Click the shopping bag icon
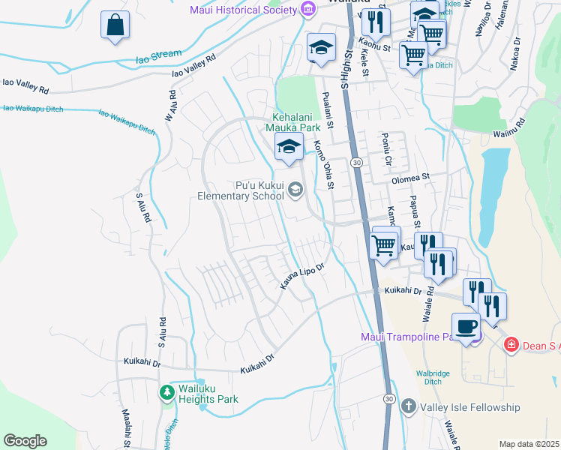pyautogui.click(x=115, y=25)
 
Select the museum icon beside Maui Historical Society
pyautogui.click(x=307, y=9)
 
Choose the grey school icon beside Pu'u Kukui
pyautogui.click(x=295, y=190)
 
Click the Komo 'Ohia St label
pyautogui.click(x=324, y=161)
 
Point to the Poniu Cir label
pyautogui.click(x=387, y=150)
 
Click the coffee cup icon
pyautogui.click(x=466, y=327)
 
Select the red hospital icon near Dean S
pyautogui.click(x=511, y=344)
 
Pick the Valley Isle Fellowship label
pyautogui.click(x=470, y=407)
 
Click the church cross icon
pyautogui.click(x=408, y=406)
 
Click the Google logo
pyautogui.click(x=25, y=440)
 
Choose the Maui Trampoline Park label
pyautogui.click(x=409, y=336)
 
